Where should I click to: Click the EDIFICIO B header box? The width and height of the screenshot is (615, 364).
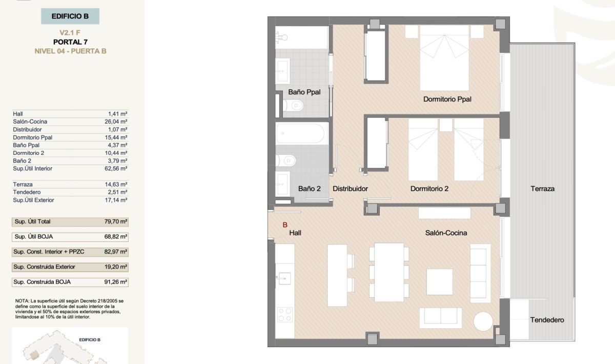70,16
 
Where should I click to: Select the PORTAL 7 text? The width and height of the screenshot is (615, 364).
70,42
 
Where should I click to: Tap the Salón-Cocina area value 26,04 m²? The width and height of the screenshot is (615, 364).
116,122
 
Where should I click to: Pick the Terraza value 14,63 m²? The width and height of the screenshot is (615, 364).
116,185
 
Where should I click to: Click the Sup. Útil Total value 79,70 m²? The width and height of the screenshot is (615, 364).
116,221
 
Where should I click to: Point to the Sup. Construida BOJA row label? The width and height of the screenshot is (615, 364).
42,282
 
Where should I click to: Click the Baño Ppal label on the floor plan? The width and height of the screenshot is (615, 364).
304,92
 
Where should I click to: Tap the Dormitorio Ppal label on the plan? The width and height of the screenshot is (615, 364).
447,99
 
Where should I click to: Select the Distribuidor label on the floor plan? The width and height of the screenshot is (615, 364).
350,189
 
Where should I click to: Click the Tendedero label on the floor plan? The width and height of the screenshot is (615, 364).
547,320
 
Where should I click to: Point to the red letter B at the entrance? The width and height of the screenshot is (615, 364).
285,225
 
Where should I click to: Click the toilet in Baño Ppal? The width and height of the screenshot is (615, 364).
293,106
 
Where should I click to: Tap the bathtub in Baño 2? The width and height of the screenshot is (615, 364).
302,133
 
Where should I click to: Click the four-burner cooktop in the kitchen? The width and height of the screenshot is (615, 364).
285,315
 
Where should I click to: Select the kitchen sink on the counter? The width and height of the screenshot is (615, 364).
283,278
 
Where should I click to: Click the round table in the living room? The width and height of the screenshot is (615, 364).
483,321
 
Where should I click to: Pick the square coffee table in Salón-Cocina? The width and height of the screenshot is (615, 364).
440,282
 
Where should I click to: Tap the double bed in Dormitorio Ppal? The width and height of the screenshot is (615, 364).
444,58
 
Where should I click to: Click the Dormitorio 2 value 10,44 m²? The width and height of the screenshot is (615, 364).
116,153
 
